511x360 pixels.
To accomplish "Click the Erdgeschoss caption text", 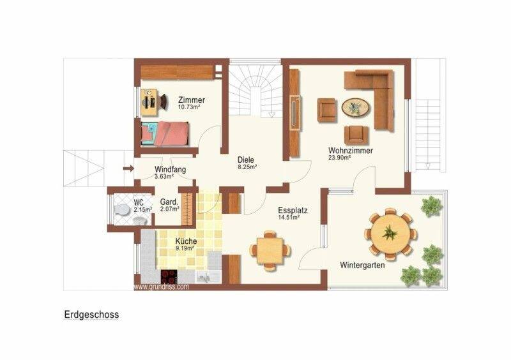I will pyautogui.click(x=91, y=315).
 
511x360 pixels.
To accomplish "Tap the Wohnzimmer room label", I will pyautogui.click(x=350, y=151).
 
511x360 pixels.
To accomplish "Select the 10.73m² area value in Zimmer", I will pyautogui.click(x=189, y=107).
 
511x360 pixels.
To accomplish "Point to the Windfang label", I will pyautogui.click(x=169, y=170).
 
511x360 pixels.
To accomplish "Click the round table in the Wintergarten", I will pyautogui.click(x=389, y=232).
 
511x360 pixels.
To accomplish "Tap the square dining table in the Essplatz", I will pyautogui.click(x=270, y=249).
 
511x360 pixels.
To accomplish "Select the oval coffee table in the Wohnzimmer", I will pyautogui.click(x=356, y=107).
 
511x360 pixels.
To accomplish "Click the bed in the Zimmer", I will pyautogui.click(x=166, y=133).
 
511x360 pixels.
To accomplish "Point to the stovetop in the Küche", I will pyautogui.click(x=169, y=277).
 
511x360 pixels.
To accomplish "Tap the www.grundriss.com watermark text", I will pyautogui.click(x=162, y=287).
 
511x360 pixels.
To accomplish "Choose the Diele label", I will pyautogui.click(x=245, y=160).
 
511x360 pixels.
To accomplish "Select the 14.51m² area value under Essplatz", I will pyautogui.click(x=289, y=217).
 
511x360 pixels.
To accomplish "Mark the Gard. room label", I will pyautogui.click(x=168, y=202).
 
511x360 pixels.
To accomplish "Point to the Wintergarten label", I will pyautogui.click(x=362, y=265).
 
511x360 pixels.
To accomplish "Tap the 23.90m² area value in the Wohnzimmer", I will pyautogui.click(x=341, y=158).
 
